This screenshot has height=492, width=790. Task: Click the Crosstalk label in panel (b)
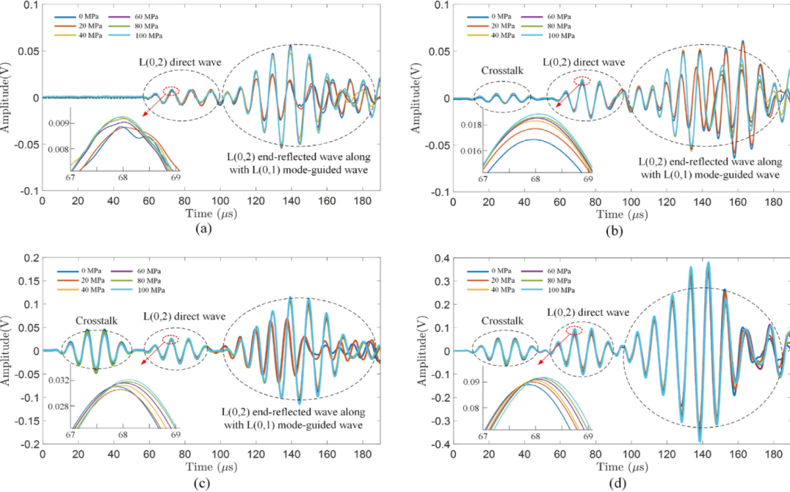[x=500, y=72]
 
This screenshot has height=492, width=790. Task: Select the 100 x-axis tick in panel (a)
[x=220, y=200]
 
